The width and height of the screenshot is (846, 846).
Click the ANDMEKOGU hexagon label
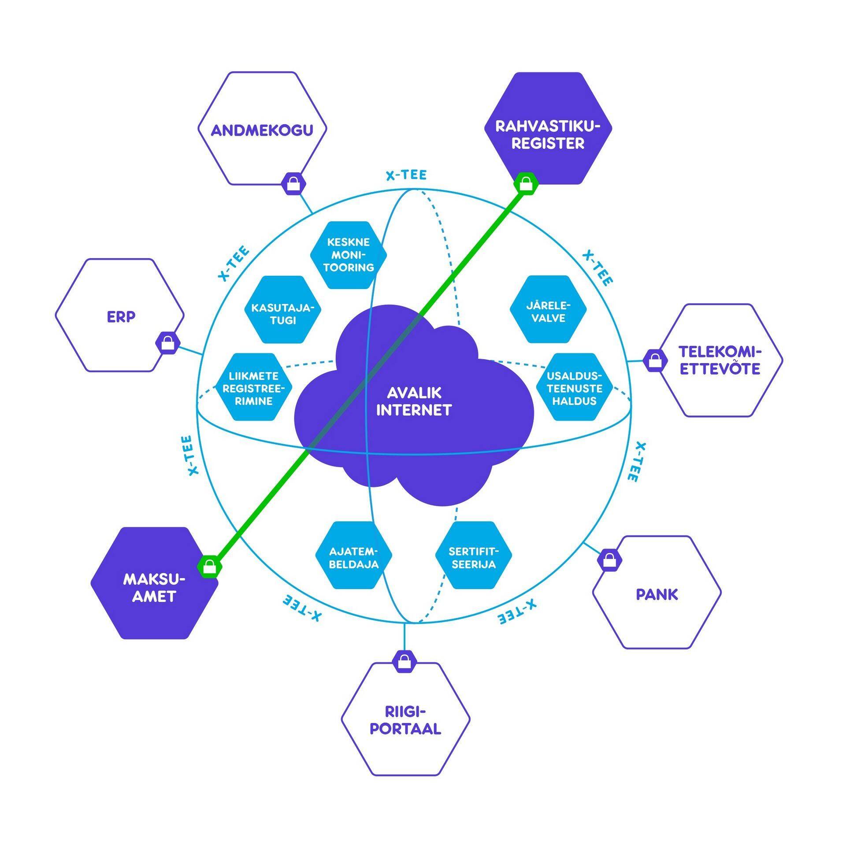tap(262, 130)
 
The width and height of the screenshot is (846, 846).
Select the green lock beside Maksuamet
tap(210, 567)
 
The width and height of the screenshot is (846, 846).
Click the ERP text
tap(121, 317)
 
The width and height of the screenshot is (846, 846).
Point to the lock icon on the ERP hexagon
tap(168, 343)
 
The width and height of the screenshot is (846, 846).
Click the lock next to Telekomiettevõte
tap(655, 360)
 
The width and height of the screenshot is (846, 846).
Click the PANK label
tap(657, 595)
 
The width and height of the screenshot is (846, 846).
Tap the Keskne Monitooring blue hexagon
tap(348, 255)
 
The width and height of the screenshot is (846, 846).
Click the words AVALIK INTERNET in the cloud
tap(414, 401)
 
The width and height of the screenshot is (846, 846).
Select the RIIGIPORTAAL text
tap(405, 720)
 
